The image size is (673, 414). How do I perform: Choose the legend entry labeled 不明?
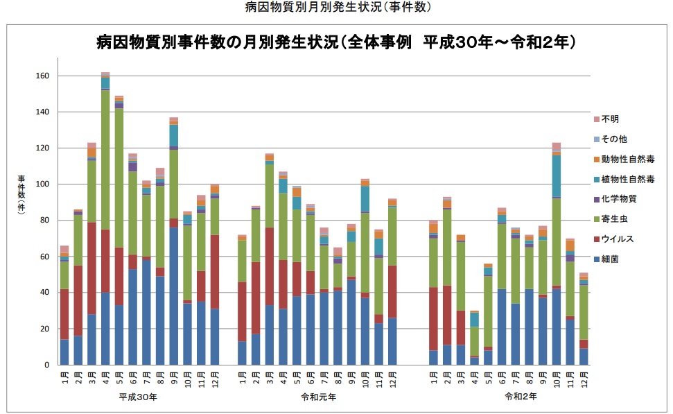[x=610, y=119]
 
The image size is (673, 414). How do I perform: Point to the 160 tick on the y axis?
[x=43, y=76]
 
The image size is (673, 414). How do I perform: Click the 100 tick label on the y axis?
[x=43, y=184]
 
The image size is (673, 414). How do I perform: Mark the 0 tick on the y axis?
[x=46, y=365]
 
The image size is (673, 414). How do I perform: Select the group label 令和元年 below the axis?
[x=319, y=397]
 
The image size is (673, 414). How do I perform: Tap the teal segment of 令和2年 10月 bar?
[x=556, y=176]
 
